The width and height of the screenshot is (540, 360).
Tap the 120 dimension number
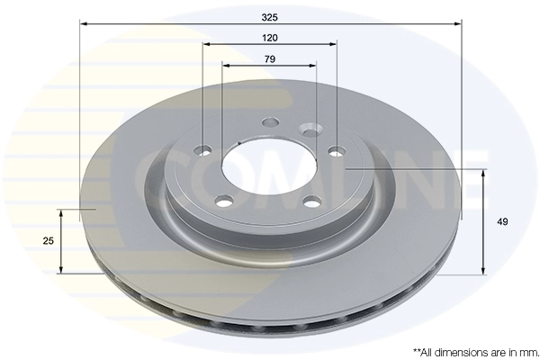pos(270,38)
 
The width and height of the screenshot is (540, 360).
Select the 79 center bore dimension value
pos(270,58)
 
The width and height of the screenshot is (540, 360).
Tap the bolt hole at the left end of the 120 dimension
pos(204,149)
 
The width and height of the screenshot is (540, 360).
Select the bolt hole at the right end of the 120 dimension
pos(337,151)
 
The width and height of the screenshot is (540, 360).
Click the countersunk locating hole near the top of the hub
pos(310,130)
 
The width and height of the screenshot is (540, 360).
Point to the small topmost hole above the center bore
pos(269,124)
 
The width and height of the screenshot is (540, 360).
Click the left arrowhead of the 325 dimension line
pos(84,24)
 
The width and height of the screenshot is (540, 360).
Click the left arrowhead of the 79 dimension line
pos(225,66)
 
